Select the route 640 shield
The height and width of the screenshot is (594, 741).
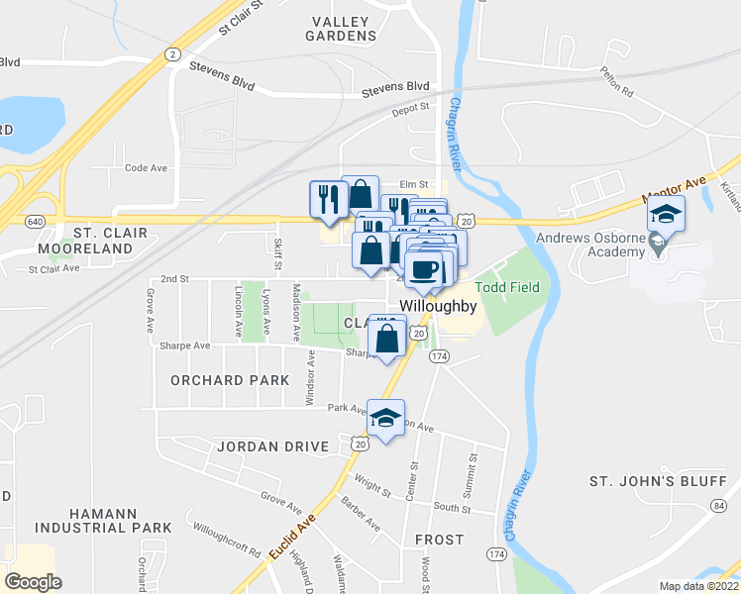[x=35, y=220]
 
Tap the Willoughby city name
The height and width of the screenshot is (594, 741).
[x=438, y=307]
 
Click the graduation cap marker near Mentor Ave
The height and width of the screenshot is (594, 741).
[x=665, y=216]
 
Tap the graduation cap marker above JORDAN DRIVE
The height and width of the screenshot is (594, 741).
[x=385, y=418]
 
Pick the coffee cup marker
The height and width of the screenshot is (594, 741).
[x=423, y=270]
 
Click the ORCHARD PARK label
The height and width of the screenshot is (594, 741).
[x=230, y=380]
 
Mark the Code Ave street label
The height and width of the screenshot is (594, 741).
[x=146, y=168]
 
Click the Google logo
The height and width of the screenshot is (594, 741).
[x=33, y=581]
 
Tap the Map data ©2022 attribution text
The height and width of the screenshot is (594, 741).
[x=698, y=586]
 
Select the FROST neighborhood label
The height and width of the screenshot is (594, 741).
[x=439, y=540]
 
